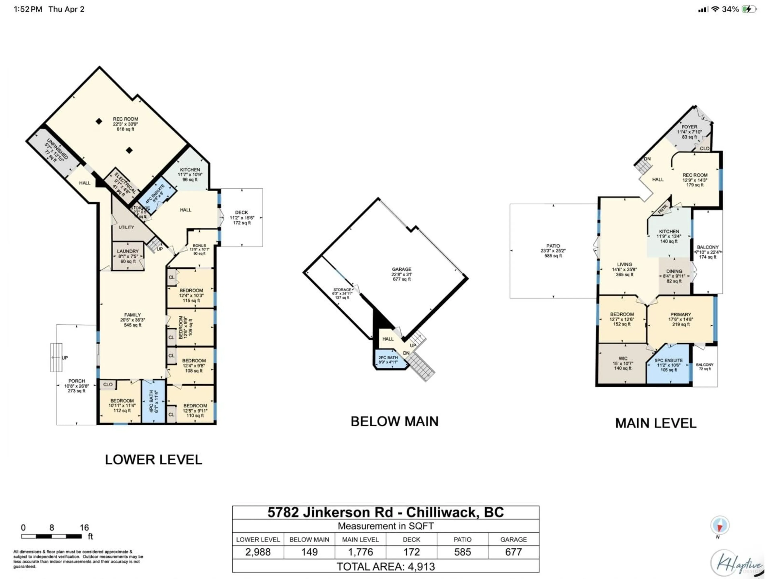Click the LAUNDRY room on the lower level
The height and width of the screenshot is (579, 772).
pyautogui.click(x=128, y=256)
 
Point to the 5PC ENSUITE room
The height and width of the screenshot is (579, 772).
pyautogui.click(x=668, y=365)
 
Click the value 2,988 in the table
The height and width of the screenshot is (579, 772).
pyautogui.click(x=258, y=552)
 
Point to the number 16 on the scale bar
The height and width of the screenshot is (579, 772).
pyautogui.click(x=84, y=527)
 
